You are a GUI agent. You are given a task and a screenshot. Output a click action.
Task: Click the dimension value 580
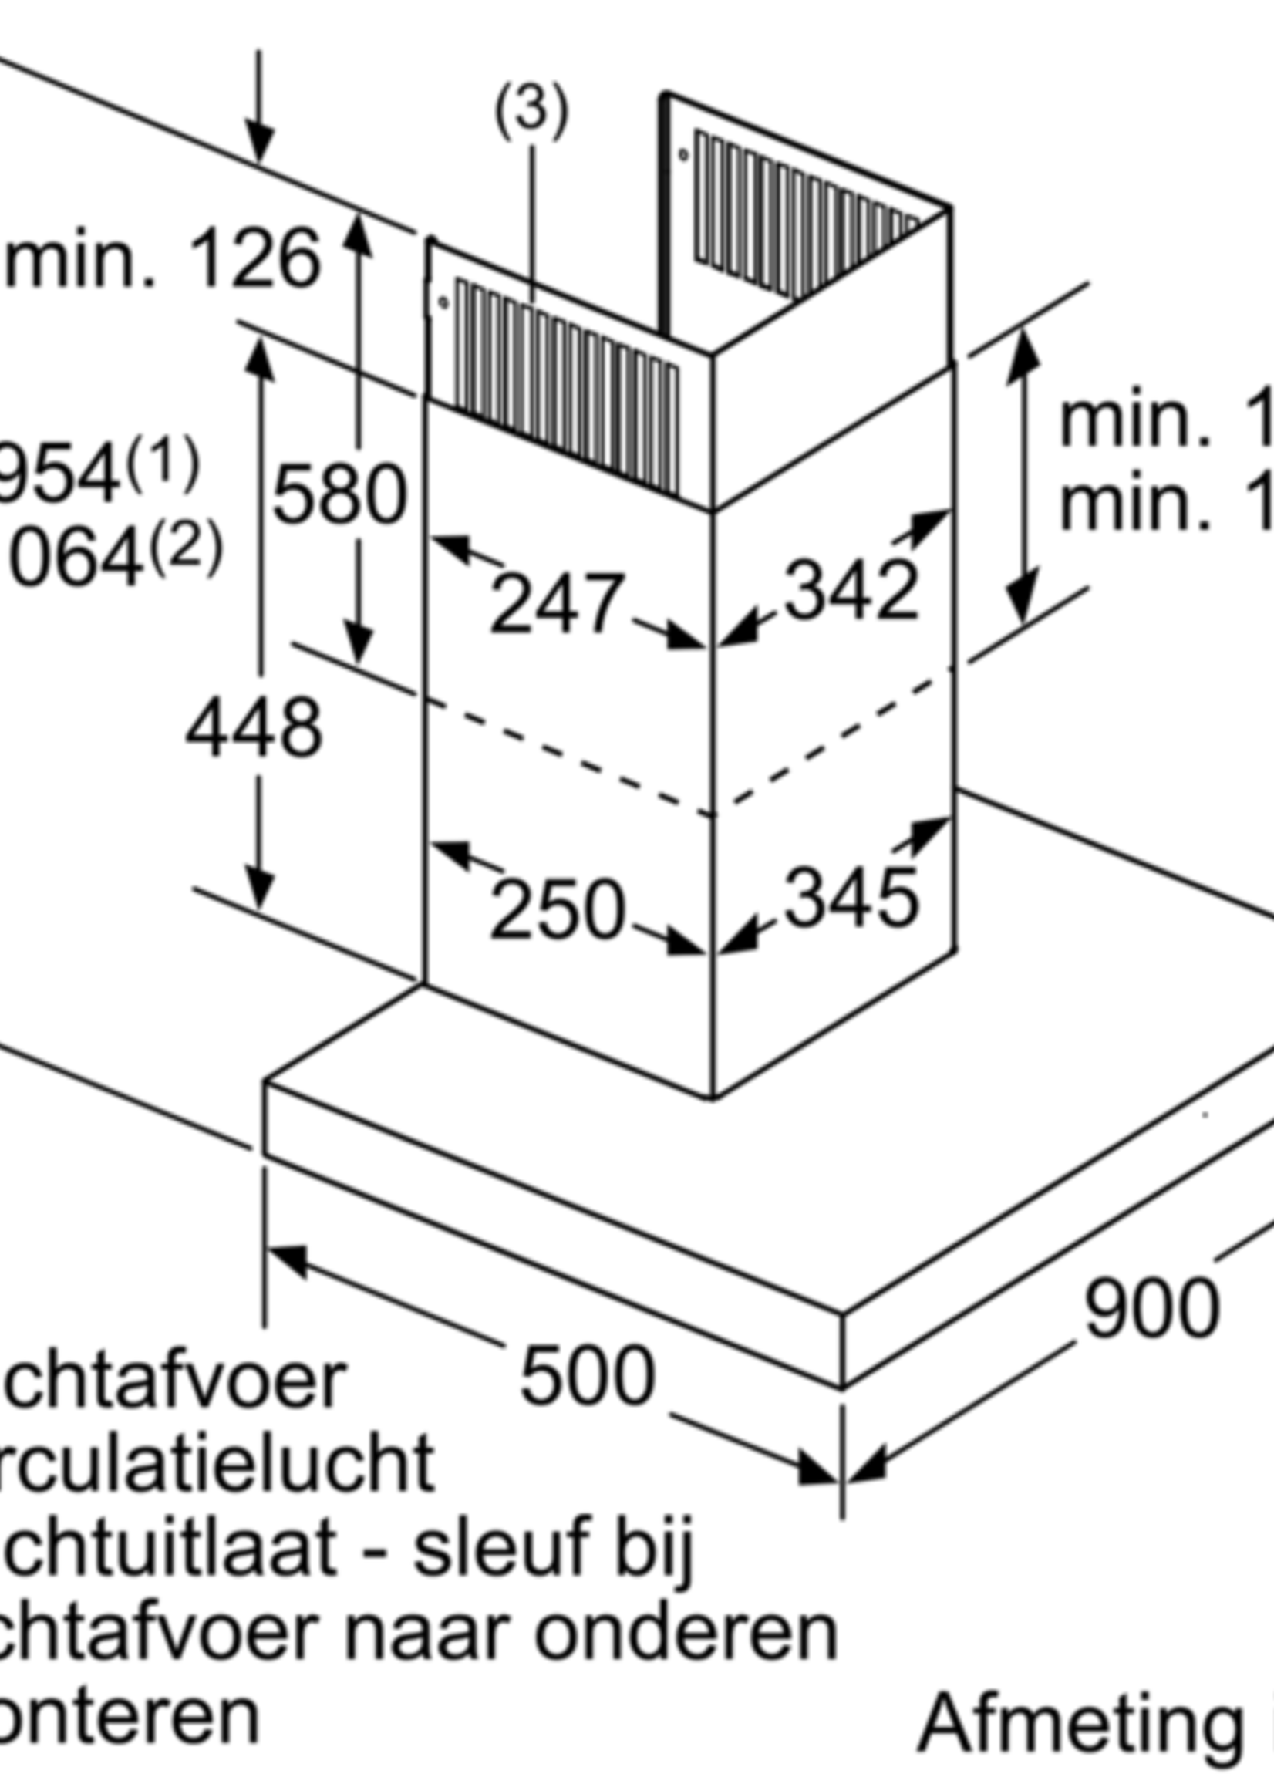(x=339, y=494)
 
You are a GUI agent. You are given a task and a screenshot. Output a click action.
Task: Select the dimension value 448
(x=254, y=728)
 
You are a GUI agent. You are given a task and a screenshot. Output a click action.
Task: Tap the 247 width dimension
(x=557, y=603)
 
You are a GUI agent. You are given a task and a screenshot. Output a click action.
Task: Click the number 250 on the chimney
(x=557, y=910)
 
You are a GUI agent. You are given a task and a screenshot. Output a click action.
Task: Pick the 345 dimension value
(x=851, y=899)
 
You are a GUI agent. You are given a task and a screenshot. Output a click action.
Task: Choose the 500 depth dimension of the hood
(x=587, y=1375)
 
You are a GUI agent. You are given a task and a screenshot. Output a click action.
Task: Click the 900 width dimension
(x=1151, y=1309)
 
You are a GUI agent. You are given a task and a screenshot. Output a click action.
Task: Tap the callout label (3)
(x=531, y=110)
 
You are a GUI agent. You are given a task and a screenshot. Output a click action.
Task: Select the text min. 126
(x=161, y=259)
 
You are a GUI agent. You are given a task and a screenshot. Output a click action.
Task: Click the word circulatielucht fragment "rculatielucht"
(x=216, y=1463)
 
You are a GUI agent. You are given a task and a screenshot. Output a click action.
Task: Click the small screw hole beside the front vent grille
(x=443, y=302)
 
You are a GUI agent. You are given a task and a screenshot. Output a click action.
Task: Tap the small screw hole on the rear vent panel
(x=684, y=154)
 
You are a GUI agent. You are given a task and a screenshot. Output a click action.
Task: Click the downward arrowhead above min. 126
(x=259, y=145)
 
